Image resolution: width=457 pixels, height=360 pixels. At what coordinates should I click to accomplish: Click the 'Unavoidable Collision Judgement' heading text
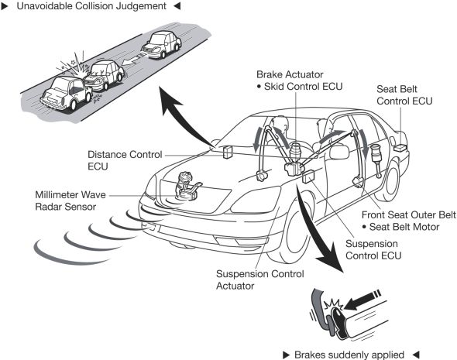tap(91, 6)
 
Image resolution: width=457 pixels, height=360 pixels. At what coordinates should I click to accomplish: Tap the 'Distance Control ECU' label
tap(125, 160)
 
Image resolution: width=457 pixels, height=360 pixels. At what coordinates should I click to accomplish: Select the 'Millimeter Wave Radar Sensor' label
tap(70, 201)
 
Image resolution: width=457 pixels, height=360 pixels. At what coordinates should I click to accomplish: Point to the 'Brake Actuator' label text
tap(290, 74)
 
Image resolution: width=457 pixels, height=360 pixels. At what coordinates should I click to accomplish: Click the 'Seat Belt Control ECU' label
tap(404, 95)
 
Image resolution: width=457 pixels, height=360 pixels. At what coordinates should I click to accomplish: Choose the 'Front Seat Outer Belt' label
tap(409, 215)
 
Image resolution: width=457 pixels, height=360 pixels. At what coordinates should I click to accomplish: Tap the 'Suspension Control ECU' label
tap(373, 249)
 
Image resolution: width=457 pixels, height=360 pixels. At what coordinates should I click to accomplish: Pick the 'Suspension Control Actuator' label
tap(260, 279)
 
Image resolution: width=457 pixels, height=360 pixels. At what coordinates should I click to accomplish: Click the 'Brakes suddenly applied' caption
tap(349, 355)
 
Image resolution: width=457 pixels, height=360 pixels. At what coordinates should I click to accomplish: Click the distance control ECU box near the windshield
tap(228, 152)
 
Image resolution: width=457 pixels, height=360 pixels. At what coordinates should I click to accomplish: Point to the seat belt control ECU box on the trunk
tap(400, 147)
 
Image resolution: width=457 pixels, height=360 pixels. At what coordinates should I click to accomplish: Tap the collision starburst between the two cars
tap(74, 67)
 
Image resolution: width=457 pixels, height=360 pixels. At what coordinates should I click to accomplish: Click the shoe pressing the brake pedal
tap(338, 323)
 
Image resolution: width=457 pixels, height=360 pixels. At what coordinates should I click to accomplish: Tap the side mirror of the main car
tap(339, 152)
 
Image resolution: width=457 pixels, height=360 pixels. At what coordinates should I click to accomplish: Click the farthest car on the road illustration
tap(161, 45)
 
